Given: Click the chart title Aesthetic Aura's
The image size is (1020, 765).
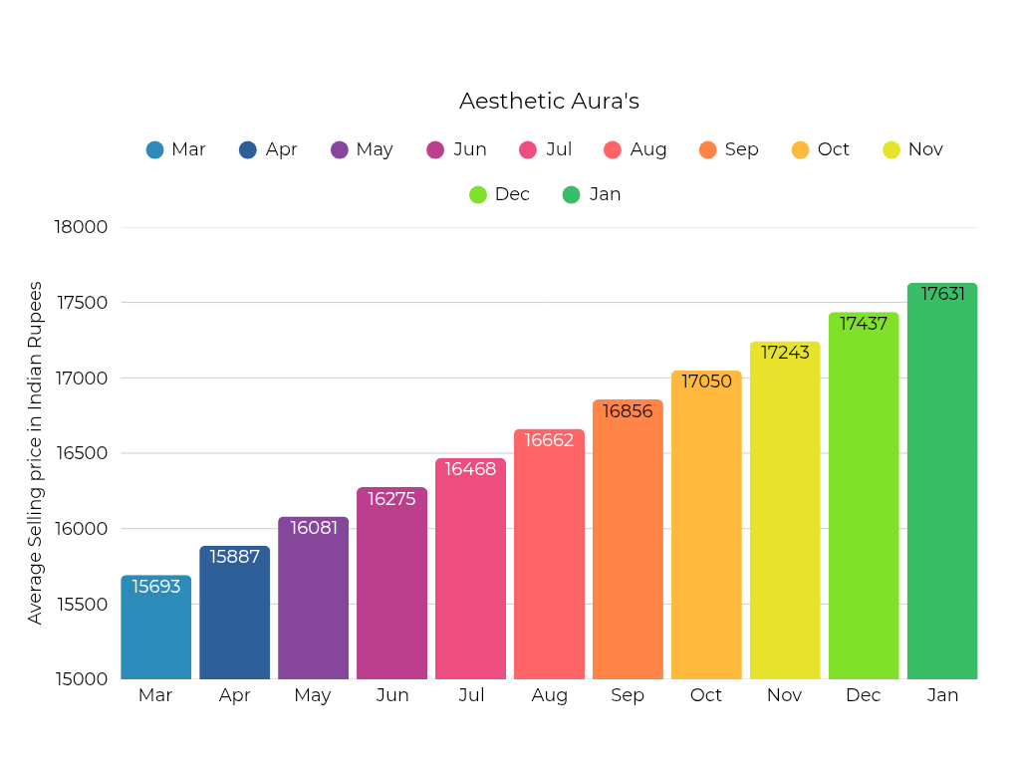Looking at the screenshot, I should (x=549, y=102).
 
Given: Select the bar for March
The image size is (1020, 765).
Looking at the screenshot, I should (x=155, y=633).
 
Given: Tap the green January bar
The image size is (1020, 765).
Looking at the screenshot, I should (x=942, y=488).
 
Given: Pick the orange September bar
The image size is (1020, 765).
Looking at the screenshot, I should (x=628, y=548).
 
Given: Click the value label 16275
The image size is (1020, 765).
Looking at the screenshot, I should (x=391, y=499).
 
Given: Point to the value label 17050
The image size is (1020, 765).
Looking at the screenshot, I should (x=706, y=382).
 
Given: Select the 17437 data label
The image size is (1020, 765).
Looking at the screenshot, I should (x=864, y=324).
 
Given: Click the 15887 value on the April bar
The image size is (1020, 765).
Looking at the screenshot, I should (x=234, y=557).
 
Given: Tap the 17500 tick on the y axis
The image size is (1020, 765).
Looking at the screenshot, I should (x=80, y=303).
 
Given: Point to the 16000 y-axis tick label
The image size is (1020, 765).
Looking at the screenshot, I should (x=80, y=529).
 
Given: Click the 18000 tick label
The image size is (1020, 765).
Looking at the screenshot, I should (x=80, y=227).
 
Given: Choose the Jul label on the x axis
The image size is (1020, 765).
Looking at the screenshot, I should (x=471, y=695).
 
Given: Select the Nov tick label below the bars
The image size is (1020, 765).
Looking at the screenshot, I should (x=785, y=695).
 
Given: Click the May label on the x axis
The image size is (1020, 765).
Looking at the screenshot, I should (x=313, y=695).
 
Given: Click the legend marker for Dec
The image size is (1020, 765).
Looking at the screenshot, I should (x=478, y=194).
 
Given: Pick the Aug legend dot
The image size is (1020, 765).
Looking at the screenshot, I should (x=613, y=149).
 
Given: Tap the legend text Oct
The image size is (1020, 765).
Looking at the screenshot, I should (x=833, y=149).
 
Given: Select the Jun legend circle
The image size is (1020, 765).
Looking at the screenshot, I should (x=435, y=149).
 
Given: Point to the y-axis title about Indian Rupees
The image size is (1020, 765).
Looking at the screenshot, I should (x=36, y=453).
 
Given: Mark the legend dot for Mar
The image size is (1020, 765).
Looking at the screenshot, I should (x=154, y=149).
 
